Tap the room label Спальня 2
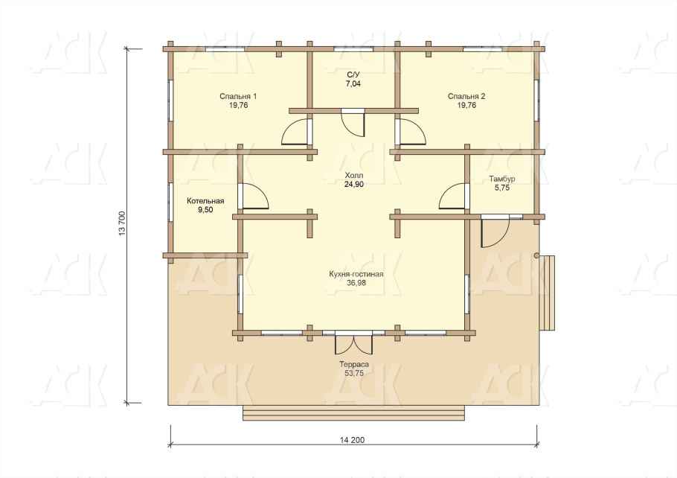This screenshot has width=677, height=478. (466, 96)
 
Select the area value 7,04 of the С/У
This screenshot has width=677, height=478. (353, 84)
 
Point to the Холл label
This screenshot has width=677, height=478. (354, 176)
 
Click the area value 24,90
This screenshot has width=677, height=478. (354, 185)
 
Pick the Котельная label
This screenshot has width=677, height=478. (205, 201)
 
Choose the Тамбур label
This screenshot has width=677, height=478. (501, 179)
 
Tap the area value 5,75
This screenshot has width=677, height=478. (501, 188)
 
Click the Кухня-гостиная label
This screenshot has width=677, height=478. (356, 274)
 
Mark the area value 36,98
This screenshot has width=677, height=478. (356, 283)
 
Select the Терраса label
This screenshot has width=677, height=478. (354, 365)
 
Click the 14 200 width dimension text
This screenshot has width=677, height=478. (353, 440)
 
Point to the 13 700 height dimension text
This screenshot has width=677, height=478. (122, 223)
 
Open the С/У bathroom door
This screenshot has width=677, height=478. (353, 123)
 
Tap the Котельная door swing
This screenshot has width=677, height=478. (254, 197)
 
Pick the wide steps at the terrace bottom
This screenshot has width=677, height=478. (353, 413)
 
